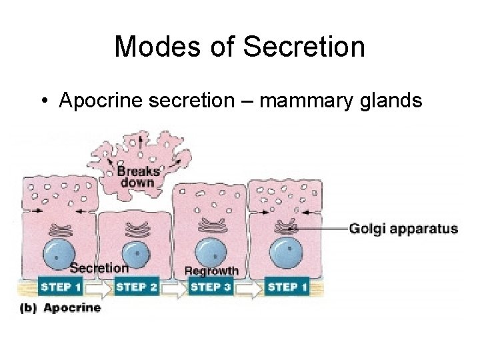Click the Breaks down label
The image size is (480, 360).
[x=138, y=175]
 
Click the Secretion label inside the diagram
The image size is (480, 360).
[x=99, y=268]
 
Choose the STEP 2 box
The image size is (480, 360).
[x=137, y=288]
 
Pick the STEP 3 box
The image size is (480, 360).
[x=211, y=288]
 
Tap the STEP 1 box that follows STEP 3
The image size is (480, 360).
[x=287, y=288]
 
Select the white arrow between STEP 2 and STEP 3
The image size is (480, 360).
[x=174, y=288]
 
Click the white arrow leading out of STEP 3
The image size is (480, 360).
[x=249, y=288]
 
